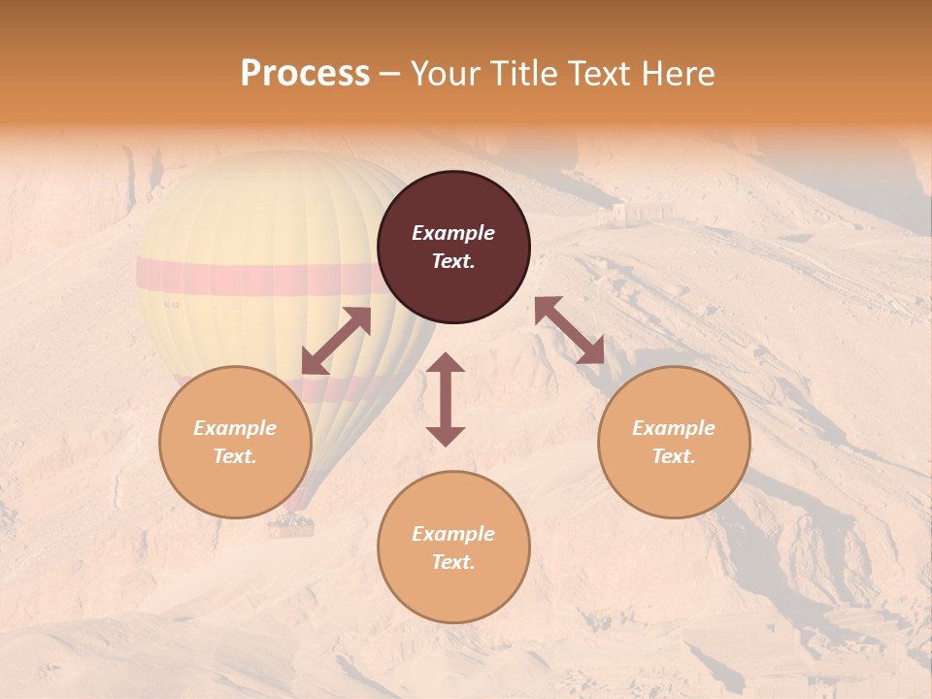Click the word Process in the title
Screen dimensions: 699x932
(305, 74)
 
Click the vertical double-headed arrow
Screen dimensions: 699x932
(446, 399)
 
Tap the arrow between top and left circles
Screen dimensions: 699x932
(336, 341)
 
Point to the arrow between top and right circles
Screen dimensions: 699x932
(569, 330)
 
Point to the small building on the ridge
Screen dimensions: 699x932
(643, 212)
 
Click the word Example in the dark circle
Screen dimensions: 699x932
(453, 233)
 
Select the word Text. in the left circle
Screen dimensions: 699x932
(235, 456)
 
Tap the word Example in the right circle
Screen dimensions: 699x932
(674, 428)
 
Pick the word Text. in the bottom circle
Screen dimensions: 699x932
(453, 562)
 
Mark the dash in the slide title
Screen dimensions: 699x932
(390, 74)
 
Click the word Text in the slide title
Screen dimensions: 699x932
(592, 74)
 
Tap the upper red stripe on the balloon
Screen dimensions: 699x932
(252, 277)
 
